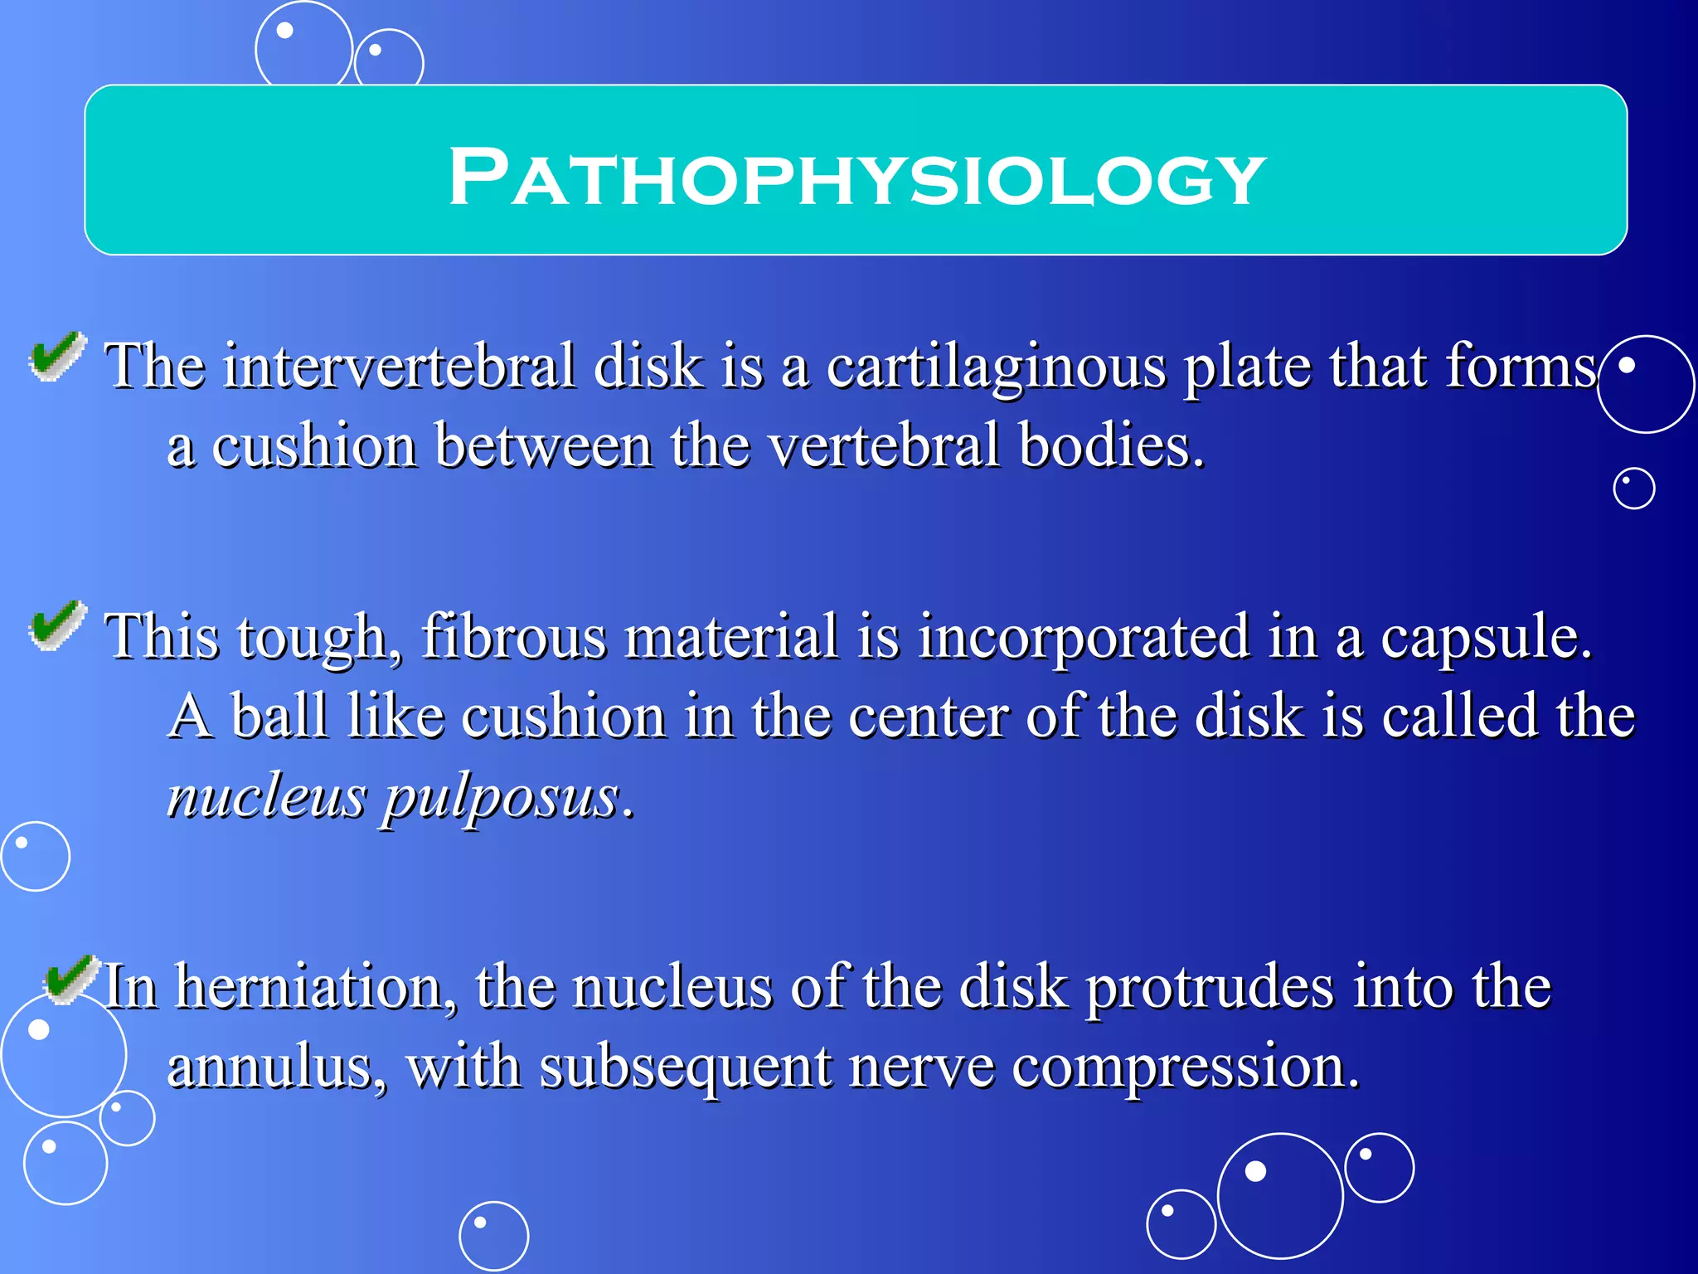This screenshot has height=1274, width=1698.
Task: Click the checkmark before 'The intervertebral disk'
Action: click(56, 357)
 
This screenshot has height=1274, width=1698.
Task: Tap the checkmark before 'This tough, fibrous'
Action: click(56, 626)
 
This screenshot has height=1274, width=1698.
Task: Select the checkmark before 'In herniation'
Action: click(70, 979)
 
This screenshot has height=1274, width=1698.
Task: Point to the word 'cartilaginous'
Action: click(995, 367)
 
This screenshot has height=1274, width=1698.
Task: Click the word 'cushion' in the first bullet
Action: click(313, 446)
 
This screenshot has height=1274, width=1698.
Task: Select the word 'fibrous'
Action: click(514, 636)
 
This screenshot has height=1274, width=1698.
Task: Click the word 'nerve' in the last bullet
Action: click(920, 1068)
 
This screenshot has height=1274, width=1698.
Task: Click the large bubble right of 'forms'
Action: click(1645, 384)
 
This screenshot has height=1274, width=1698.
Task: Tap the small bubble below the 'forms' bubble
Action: click(1633, 489)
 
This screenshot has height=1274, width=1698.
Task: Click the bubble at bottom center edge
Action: click(493, 1236)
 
